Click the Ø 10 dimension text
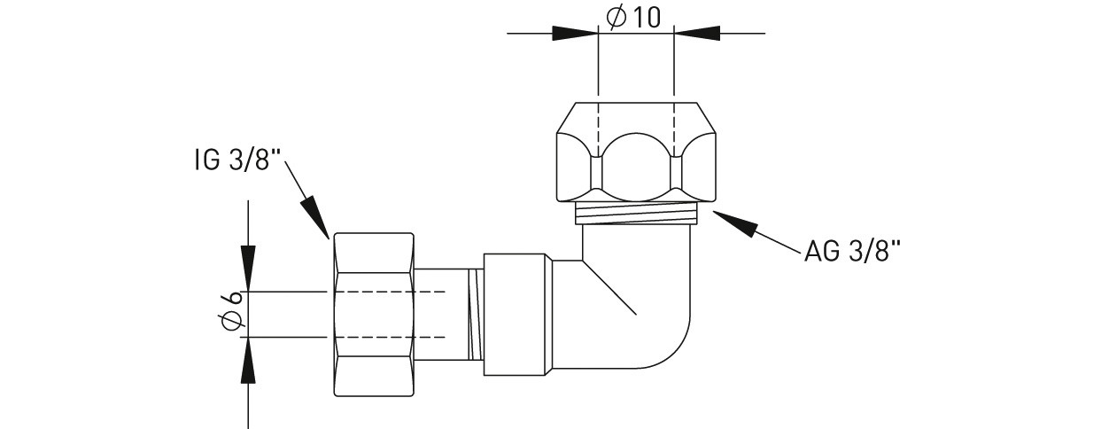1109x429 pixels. click(635, 17)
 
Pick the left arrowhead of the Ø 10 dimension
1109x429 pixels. click(576, 34)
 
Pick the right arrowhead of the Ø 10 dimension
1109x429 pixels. click(696, 34)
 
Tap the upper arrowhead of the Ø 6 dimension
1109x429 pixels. click(249, 271)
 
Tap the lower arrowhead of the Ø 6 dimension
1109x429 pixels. click(249, 358)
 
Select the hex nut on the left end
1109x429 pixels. click(373, 314)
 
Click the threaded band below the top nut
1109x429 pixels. click(636, 213)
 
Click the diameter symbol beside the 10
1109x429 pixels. click(617, 17)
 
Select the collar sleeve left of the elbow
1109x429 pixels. click(518, 315)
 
